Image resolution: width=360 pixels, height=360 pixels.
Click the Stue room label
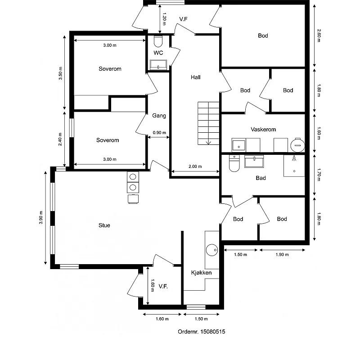(104, 225)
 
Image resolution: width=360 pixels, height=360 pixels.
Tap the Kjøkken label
(201, 273)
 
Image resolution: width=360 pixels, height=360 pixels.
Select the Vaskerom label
(263, 130)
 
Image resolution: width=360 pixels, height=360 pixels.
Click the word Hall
(195, 77)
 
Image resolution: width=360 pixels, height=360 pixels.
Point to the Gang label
(159, 116)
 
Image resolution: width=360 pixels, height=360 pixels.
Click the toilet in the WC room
(157, 42)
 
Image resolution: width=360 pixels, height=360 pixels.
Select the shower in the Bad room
(294, 165)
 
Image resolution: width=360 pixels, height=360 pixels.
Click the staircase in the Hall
(208, 123)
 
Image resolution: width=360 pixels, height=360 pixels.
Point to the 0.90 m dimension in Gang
(159, 133)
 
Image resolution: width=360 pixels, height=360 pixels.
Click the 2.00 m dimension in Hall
(195, 166)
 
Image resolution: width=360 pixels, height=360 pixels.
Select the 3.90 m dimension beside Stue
(41, 217)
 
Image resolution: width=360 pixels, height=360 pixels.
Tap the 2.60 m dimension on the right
(319, 35)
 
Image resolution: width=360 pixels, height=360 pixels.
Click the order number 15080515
(201, 332)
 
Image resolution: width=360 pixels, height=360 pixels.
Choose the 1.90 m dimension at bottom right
(282, 255)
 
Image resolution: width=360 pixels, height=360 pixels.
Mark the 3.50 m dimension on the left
(61, 73)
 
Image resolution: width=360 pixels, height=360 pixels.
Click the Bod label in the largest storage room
(263, 36)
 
